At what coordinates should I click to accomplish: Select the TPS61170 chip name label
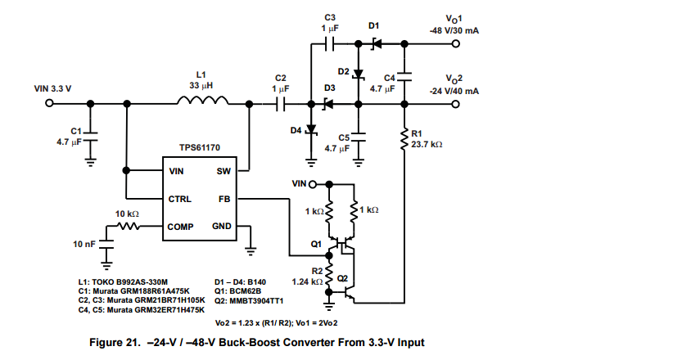199,150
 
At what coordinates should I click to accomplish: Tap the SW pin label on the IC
224,172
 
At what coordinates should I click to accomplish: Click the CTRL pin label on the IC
179,199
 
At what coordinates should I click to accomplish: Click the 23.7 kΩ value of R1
427,144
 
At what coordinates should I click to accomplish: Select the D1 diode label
374,27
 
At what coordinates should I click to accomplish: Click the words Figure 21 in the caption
120,342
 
